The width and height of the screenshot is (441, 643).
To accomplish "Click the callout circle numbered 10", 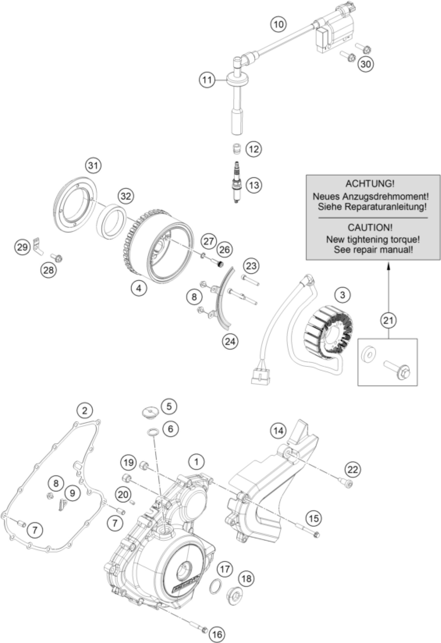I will (x=279, y=24).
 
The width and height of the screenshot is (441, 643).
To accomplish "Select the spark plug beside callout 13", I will (x=236, y=183).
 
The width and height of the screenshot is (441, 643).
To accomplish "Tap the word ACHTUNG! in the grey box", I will (x=370, y=183).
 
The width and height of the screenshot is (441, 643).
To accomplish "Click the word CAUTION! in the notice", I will (x=370, y=228).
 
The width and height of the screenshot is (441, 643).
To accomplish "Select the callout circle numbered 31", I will (x=93, y=166).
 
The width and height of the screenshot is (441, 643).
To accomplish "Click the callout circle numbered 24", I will (x=230, y=341).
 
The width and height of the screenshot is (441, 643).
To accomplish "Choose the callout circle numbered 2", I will (x=85, y=410).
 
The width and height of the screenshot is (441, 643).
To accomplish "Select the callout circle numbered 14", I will (x=279, y=431).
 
